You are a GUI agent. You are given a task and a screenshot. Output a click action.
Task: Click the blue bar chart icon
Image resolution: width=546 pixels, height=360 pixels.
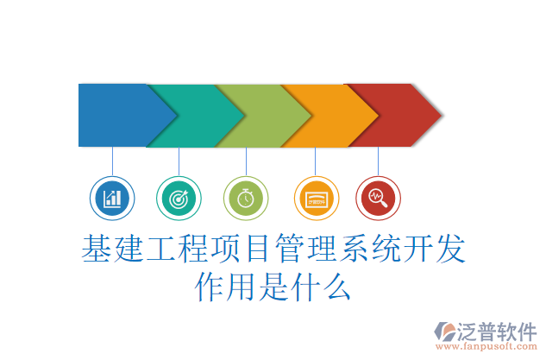tap(112, 199)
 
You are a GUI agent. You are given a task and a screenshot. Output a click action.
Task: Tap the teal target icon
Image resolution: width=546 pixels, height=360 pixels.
tap(179, 199)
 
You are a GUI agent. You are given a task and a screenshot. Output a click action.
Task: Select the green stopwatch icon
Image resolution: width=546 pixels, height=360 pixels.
tap(246, 199)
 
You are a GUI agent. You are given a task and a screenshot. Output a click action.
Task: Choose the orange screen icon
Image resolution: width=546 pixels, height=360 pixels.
tap(315, 199)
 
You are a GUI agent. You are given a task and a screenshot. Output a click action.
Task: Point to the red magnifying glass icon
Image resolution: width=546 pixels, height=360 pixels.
tap(378, 199)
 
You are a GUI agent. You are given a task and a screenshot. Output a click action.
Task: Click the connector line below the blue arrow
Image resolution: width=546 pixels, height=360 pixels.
tap(112, 161)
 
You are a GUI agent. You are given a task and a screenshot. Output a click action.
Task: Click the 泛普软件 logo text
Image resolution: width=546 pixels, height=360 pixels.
tap(499, 330)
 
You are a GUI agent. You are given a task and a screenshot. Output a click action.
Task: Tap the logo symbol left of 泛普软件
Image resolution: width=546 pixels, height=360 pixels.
tap(447, 332)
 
